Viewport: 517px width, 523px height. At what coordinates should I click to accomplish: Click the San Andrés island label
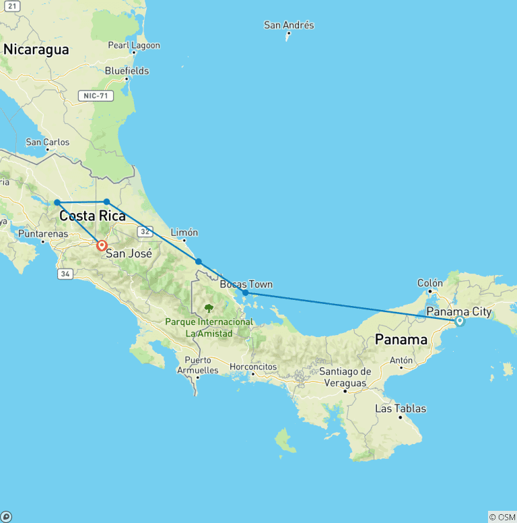289,26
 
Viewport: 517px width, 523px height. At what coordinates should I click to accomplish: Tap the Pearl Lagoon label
134,46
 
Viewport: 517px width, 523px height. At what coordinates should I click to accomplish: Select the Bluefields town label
127,71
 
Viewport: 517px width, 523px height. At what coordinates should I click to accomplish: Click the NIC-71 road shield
95,96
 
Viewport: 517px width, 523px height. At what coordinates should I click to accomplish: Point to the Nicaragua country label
36,49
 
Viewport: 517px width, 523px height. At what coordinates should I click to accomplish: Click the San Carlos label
47,142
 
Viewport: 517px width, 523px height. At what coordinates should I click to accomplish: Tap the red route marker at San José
101,246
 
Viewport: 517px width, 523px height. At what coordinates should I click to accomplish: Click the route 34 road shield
65,274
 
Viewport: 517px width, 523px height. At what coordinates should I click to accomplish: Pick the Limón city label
184,233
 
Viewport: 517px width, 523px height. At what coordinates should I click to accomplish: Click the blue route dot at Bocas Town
245,293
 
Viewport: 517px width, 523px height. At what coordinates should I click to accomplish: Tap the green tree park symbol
209,309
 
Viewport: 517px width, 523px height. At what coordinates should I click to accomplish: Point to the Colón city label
430,283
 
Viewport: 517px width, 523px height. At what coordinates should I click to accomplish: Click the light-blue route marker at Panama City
460,321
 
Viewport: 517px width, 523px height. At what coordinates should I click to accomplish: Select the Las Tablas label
401,408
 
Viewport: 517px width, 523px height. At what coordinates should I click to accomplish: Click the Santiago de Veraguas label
345,377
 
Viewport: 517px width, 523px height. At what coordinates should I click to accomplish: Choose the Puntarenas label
42,234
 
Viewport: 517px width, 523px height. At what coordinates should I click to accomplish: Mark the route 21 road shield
11,5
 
